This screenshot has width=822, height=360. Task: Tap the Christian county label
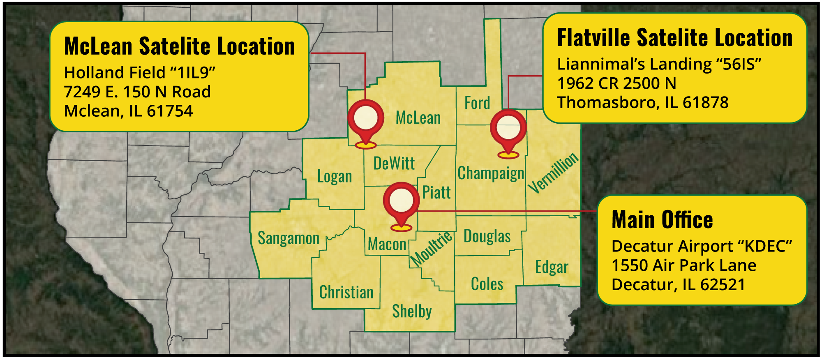(346, 293)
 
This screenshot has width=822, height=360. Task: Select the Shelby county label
(412, 311)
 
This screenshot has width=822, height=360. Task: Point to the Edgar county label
(552, 267)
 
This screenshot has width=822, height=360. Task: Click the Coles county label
(487, 284)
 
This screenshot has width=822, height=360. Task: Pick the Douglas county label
(487, 236)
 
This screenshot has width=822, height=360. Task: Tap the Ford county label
(477, 103)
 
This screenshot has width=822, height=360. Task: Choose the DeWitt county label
(394, 164)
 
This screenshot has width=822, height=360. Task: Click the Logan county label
(335, 177)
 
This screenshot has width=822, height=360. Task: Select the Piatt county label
(436, 192)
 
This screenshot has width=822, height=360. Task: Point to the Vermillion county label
(553, 173)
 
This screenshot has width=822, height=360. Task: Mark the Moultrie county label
(432, 249)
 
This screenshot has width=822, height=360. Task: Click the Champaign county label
(491, 173)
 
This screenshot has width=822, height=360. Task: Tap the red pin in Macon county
(401, 201)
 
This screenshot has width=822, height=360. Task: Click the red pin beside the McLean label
(365, 119)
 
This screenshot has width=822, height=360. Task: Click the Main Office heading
(662, 220)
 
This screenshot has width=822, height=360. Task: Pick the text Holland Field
(115, 73)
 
